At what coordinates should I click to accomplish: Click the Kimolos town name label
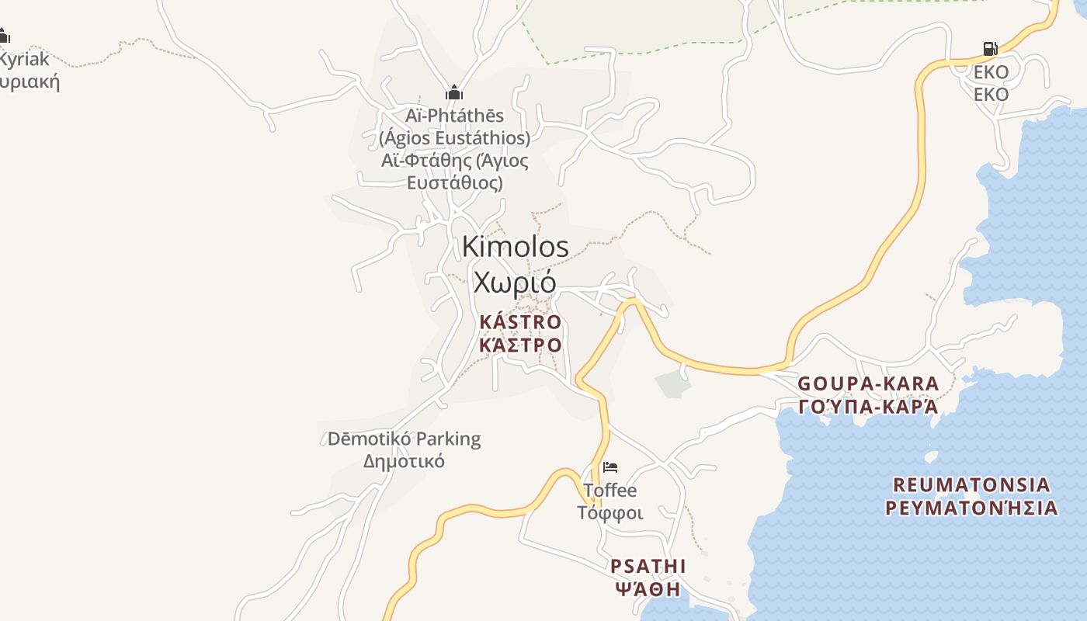coord(515,247)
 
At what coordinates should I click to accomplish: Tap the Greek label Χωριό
coord(515,282)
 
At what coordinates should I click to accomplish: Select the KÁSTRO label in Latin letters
coord(520,321)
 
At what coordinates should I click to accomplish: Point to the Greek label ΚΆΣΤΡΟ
coord(520,344)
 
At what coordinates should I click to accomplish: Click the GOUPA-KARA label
coord(869,383)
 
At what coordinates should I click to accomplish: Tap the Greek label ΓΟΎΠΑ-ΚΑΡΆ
coord(869,406)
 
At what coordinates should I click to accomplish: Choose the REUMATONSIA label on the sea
coord(971,485)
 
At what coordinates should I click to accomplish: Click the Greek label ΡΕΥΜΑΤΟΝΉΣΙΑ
coord(971,508)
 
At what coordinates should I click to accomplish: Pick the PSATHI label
coord(648,565)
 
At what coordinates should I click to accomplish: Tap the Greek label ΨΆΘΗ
coord(648,588)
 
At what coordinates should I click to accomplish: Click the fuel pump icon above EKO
coord(990,49)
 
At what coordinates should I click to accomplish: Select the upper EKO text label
coord(991,72)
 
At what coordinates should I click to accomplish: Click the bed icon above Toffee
coord(610,467)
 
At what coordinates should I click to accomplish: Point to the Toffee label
coord(610,491)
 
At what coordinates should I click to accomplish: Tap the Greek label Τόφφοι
coord(610,513)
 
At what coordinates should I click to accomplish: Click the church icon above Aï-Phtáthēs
coord(454,92)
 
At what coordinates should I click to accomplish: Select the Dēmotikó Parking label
coord(404,439)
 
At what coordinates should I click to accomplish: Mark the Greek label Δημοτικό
coord(404,461)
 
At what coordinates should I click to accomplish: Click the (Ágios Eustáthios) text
coord(455,138)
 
